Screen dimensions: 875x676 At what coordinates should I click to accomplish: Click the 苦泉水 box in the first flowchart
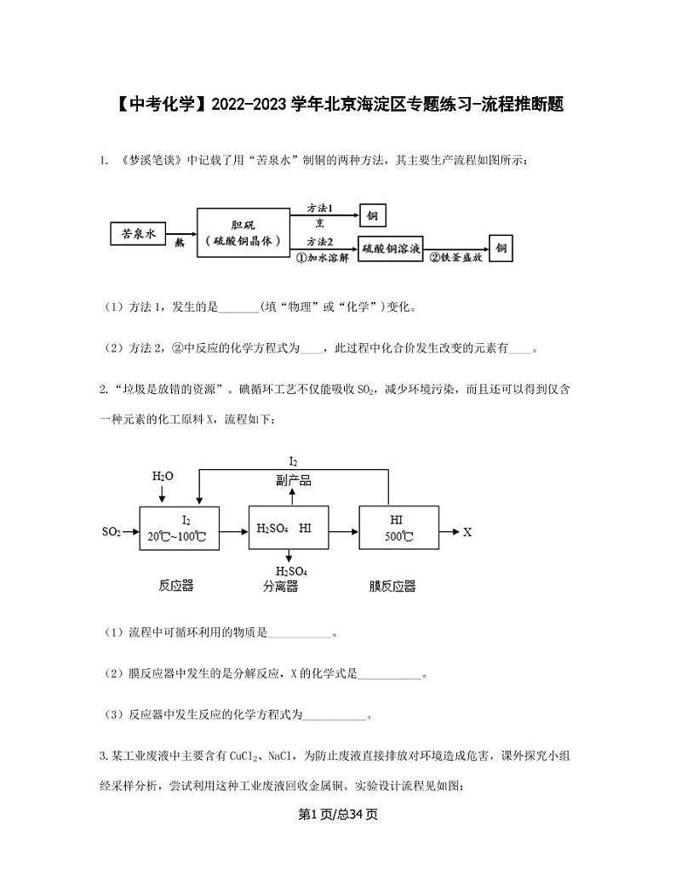[x=139, y=234]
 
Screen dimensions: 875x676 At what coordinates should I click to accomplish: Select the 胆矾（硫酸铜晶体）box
[x=243, y=232]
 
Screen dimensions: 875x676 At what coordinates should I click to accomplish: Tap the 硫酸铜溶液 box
[x=391, y=249]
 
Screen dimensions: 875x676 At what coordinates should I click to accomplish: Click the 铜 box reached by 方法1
[x=372, y=215]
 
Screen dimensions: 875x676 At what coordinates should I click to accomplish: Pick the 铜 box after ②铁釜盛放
[x=501, y=249]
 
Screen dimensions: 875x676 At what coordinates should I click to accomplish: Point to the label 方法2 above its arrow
[x=320, y=241]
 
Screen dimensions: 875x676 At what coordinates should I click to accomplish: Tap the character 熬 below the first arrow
[x=180, y=243]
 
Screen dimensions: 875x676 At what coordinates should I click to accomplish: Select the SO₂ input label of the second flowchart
[x=112, y=532]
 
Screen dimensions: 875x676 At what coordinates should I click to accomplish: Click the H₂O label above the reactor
[x=163, y=476]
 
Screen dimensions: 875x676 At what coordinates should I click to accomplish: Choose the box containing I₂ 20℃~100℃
[x=179, y=529]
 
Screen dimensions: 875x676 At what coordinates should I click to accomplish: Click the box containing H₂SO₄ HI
[x=284, y=529]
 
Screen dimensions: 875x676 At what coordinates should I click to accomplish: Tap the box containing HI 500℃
[x=398, y=529]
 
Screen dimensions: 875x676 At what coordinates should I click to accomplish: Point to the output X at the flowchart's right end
[x=467, y=532]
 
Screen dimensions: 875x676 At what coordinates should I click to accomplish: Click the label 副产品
[x=294, y=480]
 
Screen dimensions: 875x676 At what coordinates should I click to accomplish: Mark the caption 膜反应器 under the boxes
[x=392, y=586]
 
